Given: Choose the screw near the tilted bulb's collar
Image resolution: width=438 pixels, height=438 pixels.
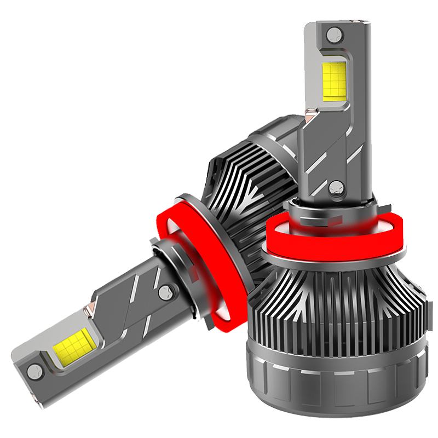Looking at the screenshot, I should pos(165,293).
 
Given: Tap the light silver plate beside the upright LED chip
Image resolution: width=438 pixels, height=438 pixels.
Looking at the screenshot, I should pos(315,71).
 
